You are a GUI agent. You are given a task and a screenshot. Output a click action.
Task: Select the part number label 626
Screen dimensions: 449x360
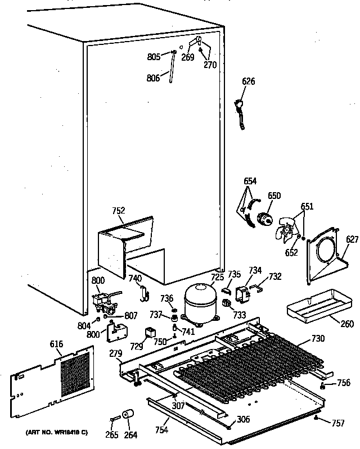[x=248, y=81]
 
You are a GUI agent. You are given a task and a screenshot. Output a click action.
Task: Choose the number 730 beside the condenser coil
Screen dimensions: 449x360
[x=318, y=338]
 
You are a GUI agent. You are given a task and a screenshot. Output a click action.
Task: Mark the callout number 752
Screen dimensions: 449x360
[x=119, y=211]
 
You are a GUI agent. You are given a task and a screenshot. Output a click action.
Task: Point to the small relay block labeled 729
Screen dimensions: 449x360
[x=151, y=333]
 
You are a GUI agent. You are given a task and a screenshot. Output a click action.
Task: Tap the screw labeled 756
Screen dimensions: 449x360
[x=323, y=386]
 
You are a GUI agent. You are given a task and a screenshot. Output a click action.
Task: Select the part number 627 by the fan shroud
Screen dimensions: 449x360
[x=352, y=240]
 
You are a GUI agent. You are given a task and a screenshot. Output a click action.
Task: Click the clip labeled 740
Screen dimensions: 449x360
[x=144, y=291]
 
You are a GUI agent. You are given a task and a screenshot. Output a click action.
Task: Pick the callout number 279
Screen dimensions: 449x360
[x=116, y=353]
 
